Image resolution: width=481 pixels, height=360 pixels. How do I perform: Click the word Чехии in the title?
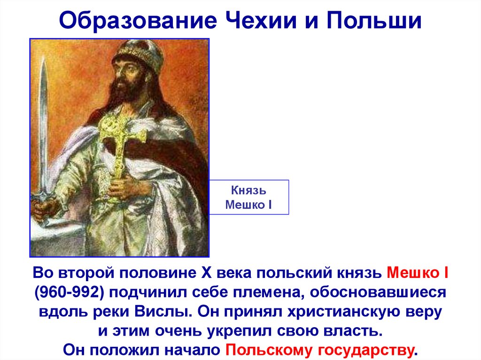[261, 21]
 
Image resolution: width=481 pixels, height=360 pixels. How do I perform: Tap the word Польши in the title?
[373, 21]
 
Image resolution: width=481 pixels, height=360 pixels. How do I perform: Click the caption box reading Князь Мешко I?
[249, 197]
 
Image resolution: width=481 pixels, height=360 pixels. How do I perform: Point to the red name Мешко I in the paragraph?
[417, 273]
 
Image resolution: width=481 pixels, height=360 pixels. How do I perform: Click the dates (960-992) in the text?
[70, 292]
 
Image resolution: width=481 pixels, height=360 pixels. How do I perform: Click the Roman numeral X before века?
[206, 273]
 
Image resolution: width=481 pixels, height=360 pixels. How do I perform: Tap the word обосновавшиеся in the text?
[378, 292]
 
